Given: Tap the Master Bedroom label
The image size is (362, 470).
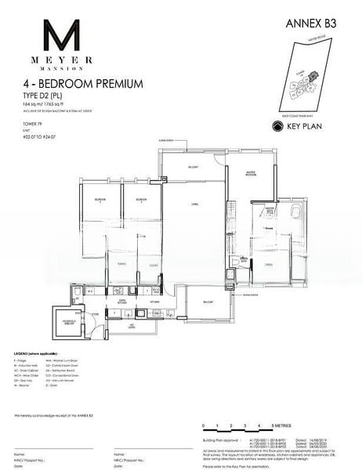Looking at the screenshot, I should pyautogui.click(x=254, y=174).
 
